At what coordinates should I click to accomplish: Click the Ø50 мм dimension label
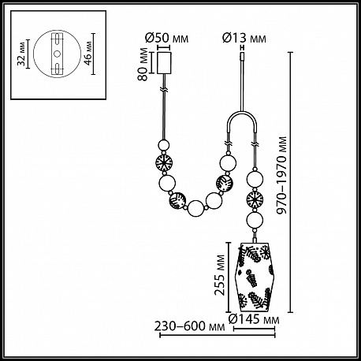coord(166,39)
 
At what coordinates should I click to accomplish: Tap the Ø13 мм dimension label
coord(244,39)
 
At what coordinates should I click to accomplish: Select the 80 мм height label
coord(143,65)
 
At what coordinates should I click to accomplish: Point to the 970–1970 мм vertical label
coord(282,175)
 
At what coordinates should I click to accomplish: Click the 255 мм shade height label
coord(220,275)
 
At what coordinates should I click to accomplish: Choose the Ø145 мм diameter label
coord(254,319)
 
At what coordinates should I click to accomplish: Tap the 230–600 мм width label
coord(189,326)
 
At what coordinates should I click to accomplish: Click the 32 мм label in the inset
coord(21,54)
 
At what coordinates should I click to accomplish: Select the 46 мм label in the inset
coord(89,54)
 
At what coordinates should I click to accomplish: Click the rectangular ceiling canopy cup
coord(164,63)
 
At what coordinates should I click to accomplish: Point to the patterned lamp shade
coord(254,277)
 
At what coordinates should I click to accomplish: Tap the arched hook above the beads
coord(242,114)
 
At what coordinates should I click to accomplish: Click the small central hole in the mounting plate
coord(57,54)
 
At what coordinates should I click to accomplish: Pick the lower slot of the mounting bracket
coord(57,68)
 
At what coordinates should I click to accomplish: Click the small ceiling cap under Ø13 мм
coord(243,57)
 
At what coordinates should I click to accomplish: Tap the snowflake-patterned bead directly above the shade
coord(255,199)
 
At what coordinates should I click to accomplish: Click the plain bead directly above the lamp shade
coord(255,220)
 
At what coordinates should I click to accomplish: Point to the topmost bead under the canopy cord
coord(163,145)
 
